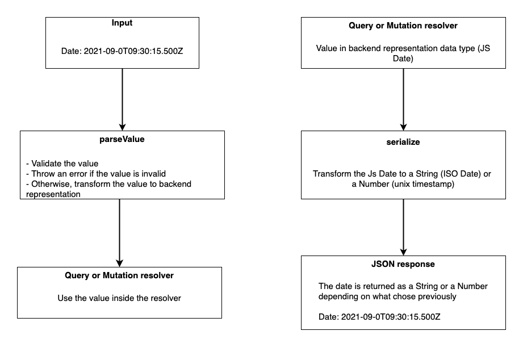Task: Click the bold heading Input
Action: [x=122, y=23]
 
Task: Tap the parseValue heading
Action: [x=122, y=139]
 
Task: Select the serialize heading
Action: [x=403, y=142]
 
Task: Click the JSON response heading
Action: [x=403, y=264]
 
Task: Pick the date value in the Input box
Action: [x=133, y=51]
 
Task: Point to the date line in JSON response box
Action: [x=379, y=317]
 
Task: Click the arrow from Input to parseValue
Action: [x=123, y=99]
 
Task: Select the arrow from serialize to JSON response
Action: [x=403, y=227]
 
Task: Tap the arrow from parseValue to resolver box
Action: [x=119, y=233]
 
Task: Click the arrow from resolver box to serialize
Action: [x=403, y=99]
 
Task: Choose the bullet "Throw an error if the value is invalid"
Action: [x=96, y=174]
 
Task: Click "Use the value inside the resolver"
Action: [x=119, y=298]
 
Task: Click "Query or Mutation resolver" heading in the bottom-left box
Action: [x=119, y=275]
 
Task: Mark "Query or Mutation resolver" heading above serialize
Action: [x=403, y=26]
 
